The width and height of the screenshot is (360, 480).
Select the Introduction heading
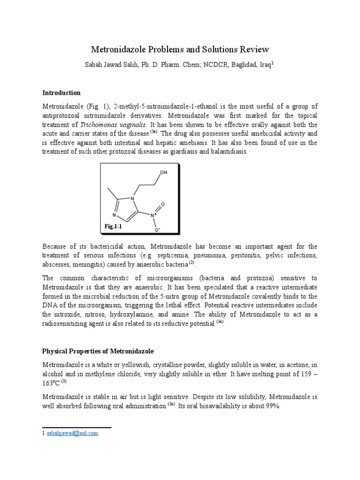point(61,93)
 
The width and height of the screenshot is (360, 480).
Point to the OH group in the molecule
point(163,172)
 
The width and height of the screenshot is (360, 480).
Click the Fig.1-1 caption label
point(113,226)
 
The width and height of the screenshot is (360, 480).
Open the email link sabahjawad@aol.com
point(72,434)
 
